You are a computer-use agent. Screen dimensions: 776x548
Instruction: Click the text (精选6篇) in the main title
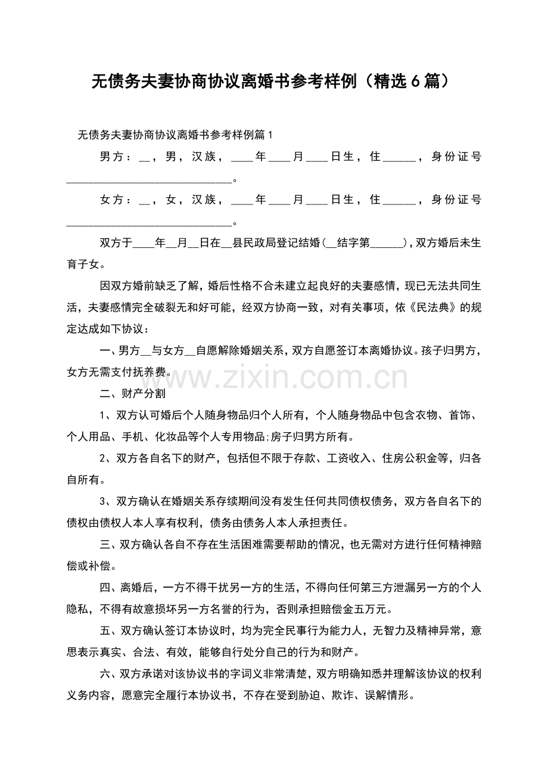pos(405,81)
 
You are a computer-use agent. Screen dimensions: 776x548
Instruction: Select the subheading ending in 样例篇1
pos(175,135)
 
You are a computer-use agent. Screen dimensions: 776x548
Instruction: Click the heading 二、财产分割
pos(132,393)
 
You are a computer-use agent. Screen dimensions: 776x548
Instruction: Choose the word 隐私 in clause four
pos(79,609)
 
